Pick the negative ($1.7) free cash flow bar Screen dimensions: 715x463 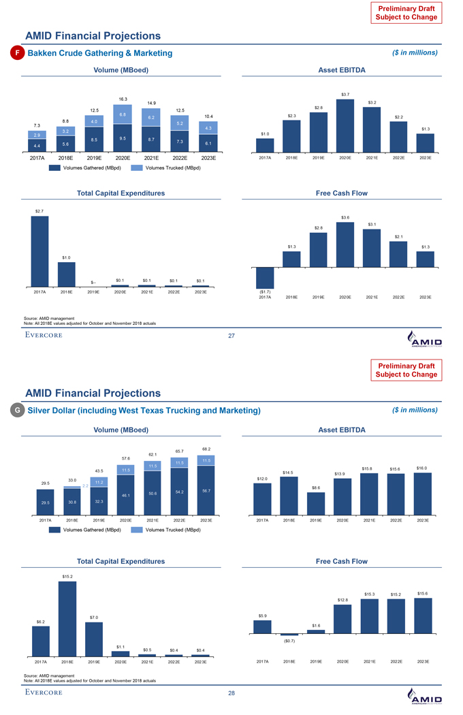[265, 278]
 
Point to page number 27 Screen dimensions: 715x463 [231, 335]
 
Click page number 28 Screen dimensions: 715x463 [231, 693]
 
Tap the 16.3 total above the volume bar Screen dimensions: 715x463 [123, 99]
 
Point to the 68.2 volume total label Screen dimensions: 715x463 [206, 448]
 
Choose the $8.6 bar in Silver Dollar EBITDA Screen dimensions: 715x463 [316, 504]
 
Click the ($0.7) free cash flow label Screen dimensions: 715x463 [289, 641]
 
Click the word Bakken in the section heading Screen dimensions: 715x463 [42, 53]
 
